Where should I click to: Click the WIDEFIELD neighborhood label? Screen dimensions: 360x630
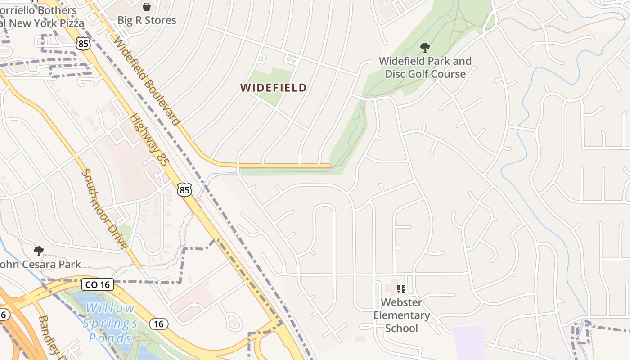tap(274, 88)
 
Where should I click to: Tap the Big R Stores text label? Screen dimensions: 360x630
tap(147, 20)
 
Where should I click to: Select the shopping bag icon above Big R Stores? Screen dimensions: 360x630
tap(147, 6)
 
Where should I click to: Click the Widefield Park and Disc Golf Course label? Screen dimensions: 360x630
tap(425, 67)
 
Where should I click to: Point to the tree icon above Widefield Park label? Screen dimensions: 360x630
tap(425, 47)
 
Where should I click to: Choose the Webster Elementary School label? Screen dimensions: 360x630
tap(401, 315)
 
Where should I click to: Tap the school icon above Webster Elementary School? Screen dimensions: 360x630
tap(401, 288)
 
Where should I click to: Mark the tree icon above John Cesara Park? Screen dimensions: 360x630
tap(39, 251)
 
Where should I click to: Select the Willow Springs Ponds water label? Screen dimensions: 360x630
tap(109, 323)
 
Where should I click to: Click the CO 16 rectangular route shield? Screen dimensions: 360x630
tap(97, 284)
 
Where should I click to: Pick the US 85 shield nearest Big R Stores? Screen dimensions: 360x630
tap(83, 44)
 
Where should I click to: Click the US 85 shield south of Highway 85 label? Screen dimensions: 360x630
tap(184, 190)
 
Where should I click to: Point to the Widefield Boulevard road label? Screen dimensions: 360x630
tap(147, 81)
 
